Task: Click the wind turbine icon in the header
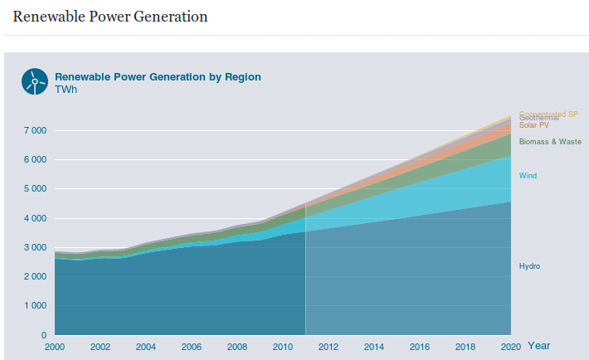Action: (x=34, y=81)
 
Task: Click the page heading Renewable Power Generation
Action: (x=110, y=17)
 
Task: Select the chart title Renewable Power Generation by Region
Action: (x=158, y=77)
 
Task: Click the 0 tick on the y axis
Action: (x=44, y=335)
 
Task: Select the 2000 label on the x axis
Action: (x=55, y=347)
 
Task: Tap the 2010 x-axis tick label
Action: (x=283, y=347)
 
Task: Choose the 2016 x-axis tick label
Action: (x=420, y=347)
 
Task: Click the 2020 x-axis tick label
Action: (x=511, y=347)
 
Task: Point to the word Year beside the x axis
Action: (x=538, y=345)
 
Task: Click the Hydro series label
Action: (x=530, y=266)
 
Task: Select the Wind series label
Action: (x=528, y=176)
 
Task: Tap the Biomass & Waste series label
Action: (x=550, y=142)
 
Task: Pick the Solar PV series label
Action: (x=534, y=125)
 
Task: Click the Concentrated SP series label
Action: (x=548, y=114)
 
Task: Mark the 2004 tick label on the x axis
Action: (x=146, y=347)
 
